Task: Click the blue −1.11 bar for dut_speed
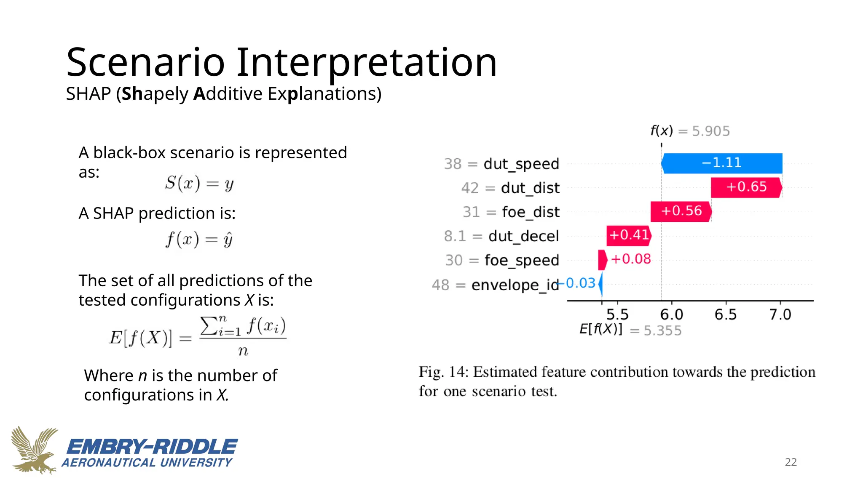click(x=721, y=163)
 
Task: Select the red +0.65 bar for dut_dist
click(x=746, y=187)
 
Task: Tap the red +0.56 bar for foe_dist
click(x=681, y=211)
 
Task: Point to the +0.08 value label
click(x=631, y=259)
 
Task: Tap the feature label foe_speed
click(x=522, y=261)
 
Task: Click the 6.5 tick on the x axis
click(x=726, y=314)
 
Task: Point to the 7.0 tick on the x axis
click(x=780, y=314)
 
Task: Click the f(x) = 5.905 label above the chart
click(x=690, y=131)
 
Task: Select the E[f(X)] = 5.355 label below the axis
click(x=630, y=330)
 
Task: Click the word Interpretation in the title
click(x=367, y=63)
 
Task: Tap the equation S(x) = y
click(x=199, y=183)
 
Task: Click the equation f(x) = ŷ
click(x=199, y=240)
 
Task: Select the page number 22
click(x=791, y=462)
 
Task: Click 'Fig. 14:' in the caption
click(x=443, y=372)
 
